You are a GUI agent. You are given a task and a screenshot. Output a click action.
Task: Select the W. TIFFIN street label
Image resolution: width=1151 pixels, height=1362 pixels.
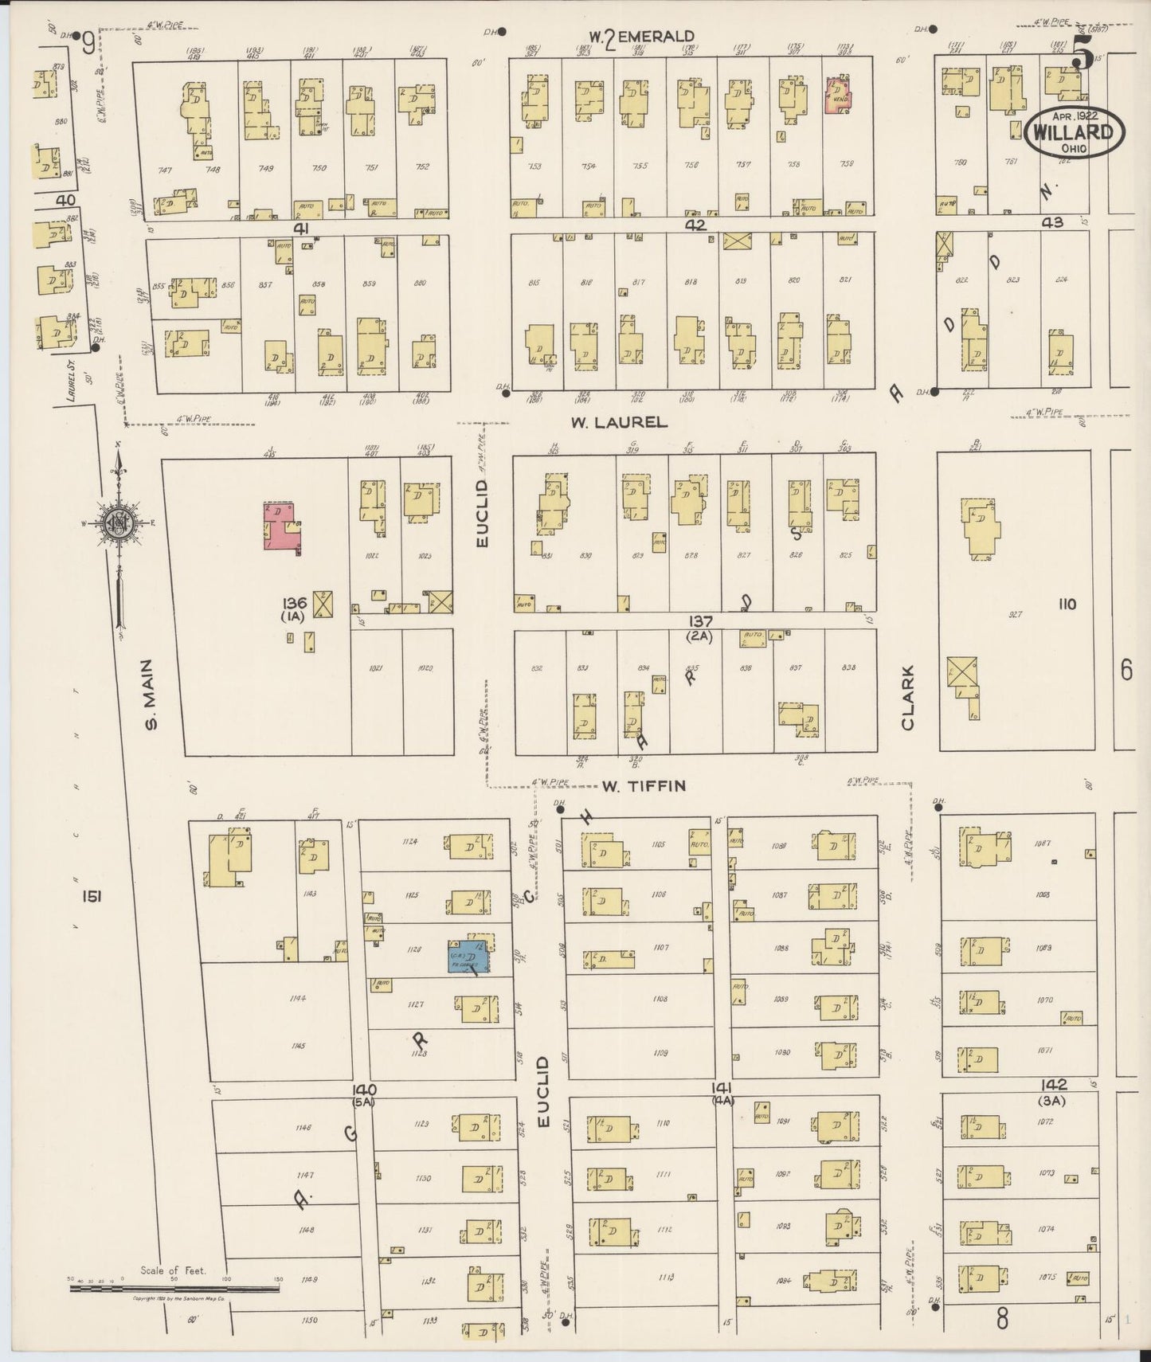click(x=644, y=786)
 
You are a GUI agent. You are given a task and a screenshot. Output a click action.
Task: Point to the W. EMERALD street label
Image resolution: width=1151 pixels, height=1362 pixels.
click(x=642, y=37)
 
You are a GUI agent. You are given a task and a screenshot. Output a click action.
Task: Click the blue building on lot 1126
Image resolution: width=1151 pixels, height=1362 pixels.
click(x=471, y=954)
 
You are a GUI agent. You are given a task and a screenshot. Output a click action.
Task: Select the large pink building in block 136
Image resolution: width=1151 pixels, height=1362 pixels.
click(x=283, y=527)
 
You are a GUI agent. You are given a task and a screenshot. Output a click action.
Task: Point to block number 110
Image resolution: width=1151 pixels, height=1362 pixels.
click(x=1067, y=605)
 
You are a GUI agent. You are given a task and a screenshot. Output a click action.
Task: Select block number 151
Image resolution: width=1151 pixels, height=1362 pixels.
click(x=91, y=897)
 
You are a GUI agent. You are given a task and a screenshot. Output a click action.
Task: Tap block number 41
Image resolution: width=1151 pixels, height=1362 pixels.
click(x=300, y=229)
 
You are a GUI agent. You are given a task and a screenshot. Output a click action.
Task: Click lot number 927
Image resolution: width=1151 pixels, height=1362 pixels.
click(x=1015, y=615)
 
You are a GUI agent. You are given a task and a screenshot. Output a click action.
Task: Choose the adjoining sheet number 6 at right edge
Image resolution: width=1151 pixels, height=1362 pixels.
click(x=1126, y=671)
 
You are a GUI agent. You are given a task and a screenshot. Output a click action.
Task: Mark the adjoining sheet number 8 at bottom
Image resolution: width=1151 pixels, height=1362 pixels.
click(x=1002, y=1320)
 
